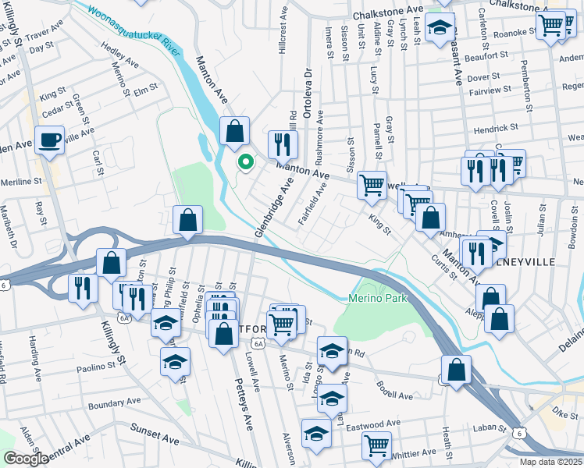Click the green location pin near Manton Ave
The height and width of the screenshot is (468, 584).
245,162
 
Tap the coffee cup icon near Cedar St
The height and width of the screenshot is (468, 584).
50,140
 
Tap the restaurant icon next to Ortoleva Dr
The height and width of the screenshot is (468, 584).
283,144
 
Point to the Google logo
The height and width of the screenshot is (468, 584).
26,459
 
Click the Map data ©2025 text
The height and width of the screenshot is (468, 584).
550,462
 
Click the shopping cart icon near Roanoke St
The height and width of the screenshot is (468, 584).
550,25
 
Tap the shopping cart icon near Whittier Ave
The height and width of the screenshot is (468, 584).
376,445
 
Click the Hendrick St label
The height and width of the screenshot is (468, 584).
495,127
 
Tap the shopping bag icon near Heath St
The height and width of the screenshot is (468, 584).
456,370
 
